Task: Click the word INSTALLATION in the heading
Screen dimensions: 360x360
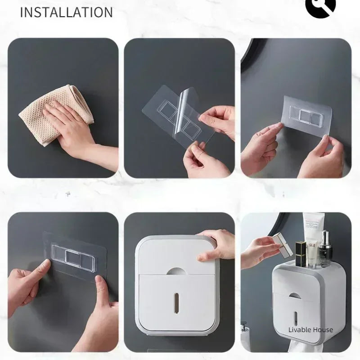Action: (66, 12)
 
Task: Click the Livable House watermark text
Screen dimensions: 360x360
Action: (310, 330)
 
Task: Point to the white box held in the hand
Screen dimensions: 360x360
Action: (282, 243)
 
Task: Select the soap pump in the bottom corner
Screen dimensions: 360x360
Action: (245, 331)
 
